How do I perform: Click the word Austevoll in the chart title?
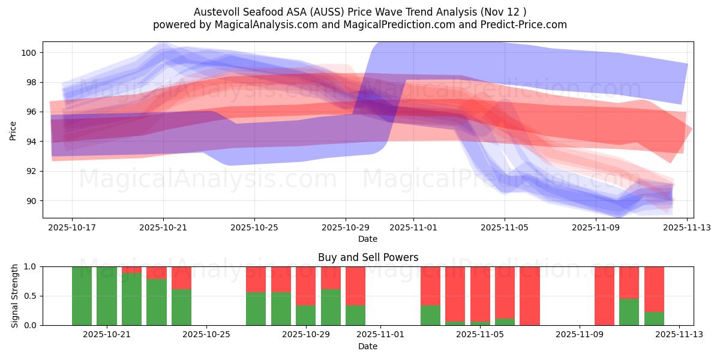214,12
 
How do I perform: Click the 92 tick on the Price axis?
31,171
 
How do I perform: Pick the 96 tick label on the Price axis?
31,112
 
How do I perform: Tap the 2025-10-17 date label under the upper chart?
72,227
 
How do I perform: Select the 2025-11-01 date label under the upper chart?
413,227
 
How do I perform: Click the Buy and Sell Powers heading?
368,257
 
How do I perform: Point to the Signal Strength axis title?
14,295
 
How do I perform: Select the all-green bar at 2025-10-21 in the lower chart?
107,296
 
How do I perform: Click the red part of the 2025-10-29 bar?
306,286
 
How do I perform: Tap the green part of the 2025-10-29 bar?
306,315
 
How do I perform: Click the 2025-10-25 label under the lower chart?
206,334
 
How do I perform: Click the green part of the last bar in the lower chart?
654,319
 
